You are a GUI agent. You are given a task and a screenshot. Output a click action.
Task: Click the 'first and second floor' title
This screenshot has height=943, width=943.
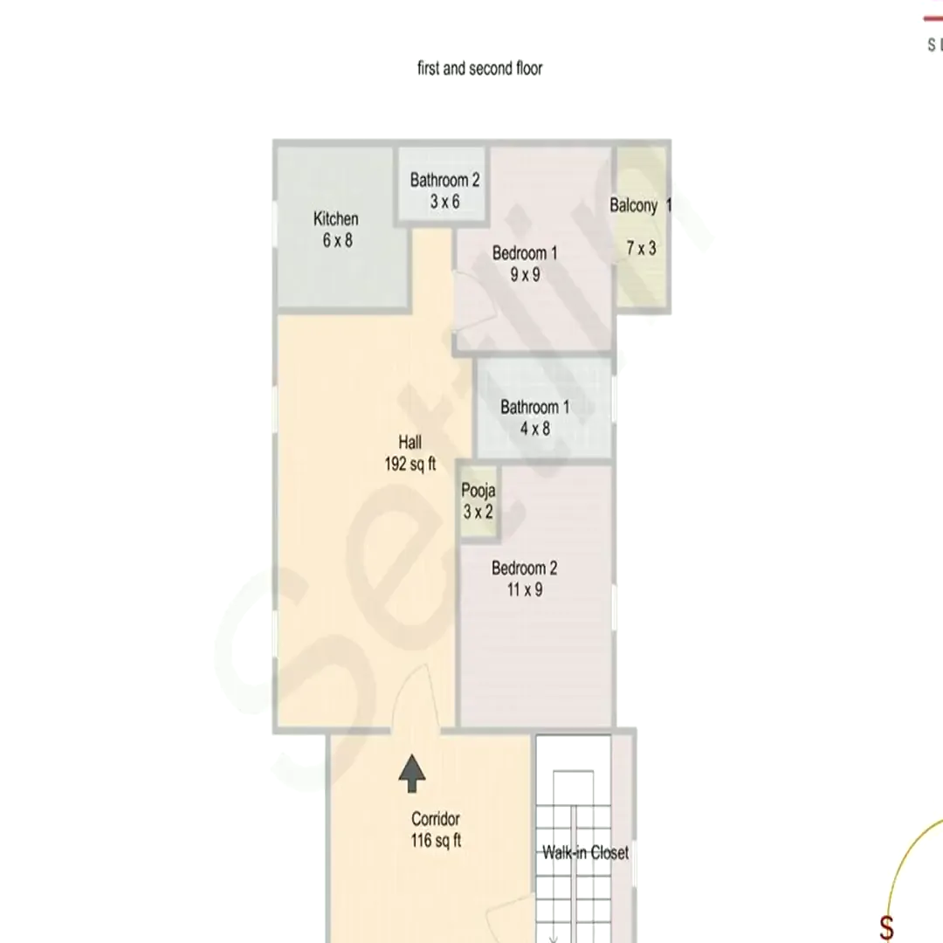coord(480,69)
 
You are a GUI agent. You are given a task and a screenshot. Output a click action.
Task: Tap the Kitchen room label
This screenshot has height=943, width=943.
coord(335,218)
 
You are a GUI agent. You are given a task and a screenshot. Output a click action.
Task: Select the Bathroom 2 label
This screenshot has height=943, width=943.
coord(444,180)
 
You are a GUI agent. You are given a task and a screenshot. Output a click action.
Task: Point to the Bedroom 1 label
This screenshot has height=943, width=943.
coord(525,253)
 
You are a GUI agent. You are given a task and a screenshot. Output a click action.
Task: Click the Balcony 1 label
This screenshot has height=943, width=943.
coord(640,206)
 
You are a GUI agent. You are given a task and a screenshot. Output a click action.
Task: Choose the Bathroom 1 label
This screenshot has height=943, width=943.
coord(534,407)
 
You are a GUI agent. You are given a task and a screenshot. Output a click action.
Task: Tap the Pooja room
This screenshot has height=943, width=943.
coord(478,501)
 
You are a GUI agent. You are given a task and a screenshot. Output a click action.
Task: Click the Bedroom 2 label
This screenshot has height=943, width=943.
coord(525,568)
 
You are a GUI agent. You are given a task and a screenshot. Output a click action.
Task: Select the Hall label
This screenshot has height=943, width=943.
coord(410,443)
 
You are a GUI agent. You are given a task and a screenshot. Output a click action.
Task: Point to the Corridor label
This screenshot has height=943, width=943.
coord(436,818)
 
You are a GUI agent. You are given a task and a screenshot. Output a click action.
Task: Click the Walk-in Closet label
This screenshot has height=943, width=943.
coord(585,852)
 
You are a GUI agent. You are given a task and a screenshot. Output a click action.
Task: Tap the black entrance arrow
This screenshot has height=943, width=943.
coord(412,774)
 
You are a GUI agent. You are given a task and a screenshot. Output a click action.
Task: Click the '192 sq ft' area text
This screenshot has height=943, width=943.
coord(410,465)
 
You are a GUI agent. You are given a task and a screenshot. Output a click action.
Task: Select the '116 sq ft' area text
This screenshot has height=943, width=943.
coord(436,840)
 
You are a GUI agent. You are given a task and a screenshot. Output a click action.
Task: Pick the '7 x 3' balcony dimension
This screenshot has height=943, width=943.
coord(641,248)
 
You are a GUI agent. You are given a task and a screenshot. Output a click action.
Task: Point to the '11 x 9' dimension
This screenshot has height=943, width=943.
coord(525,589)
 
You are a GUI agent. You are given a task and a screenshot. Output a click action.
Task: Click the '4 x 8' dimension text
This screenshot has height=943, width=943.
coord(534,429)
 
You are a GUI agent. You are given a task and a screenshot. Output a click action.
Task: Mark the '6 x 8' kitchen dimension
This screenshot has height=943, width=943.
coord(337,241)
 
